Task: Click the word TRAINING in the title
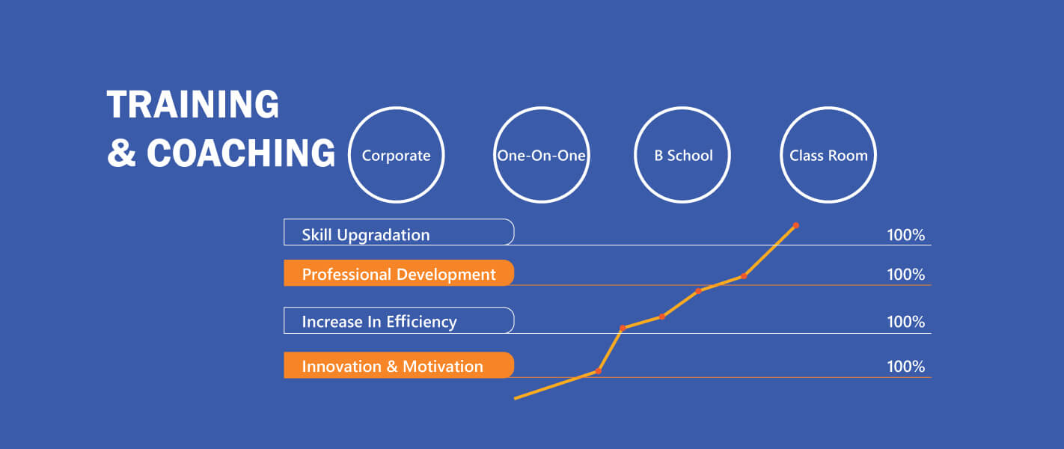[193, 104]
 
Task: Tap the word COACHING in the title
[241, 153]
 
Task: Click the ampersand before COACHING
[122, 153]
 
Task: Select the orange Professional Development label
[399, 273]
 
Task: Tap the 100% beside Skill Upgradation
[906, 235]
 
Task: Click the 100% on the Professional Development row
[906, 274]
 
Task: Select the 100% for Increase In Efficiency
[906, 322]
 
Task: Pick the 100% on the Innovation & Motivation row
[906, 367]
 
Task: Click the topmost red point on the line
[796, 226]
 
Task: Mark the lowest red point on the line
[599, 371]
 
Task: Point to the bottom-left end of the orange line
[515, 398]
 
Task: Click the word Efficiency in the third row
[421, 322]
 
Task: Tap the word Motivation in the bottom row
[443, 367]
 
